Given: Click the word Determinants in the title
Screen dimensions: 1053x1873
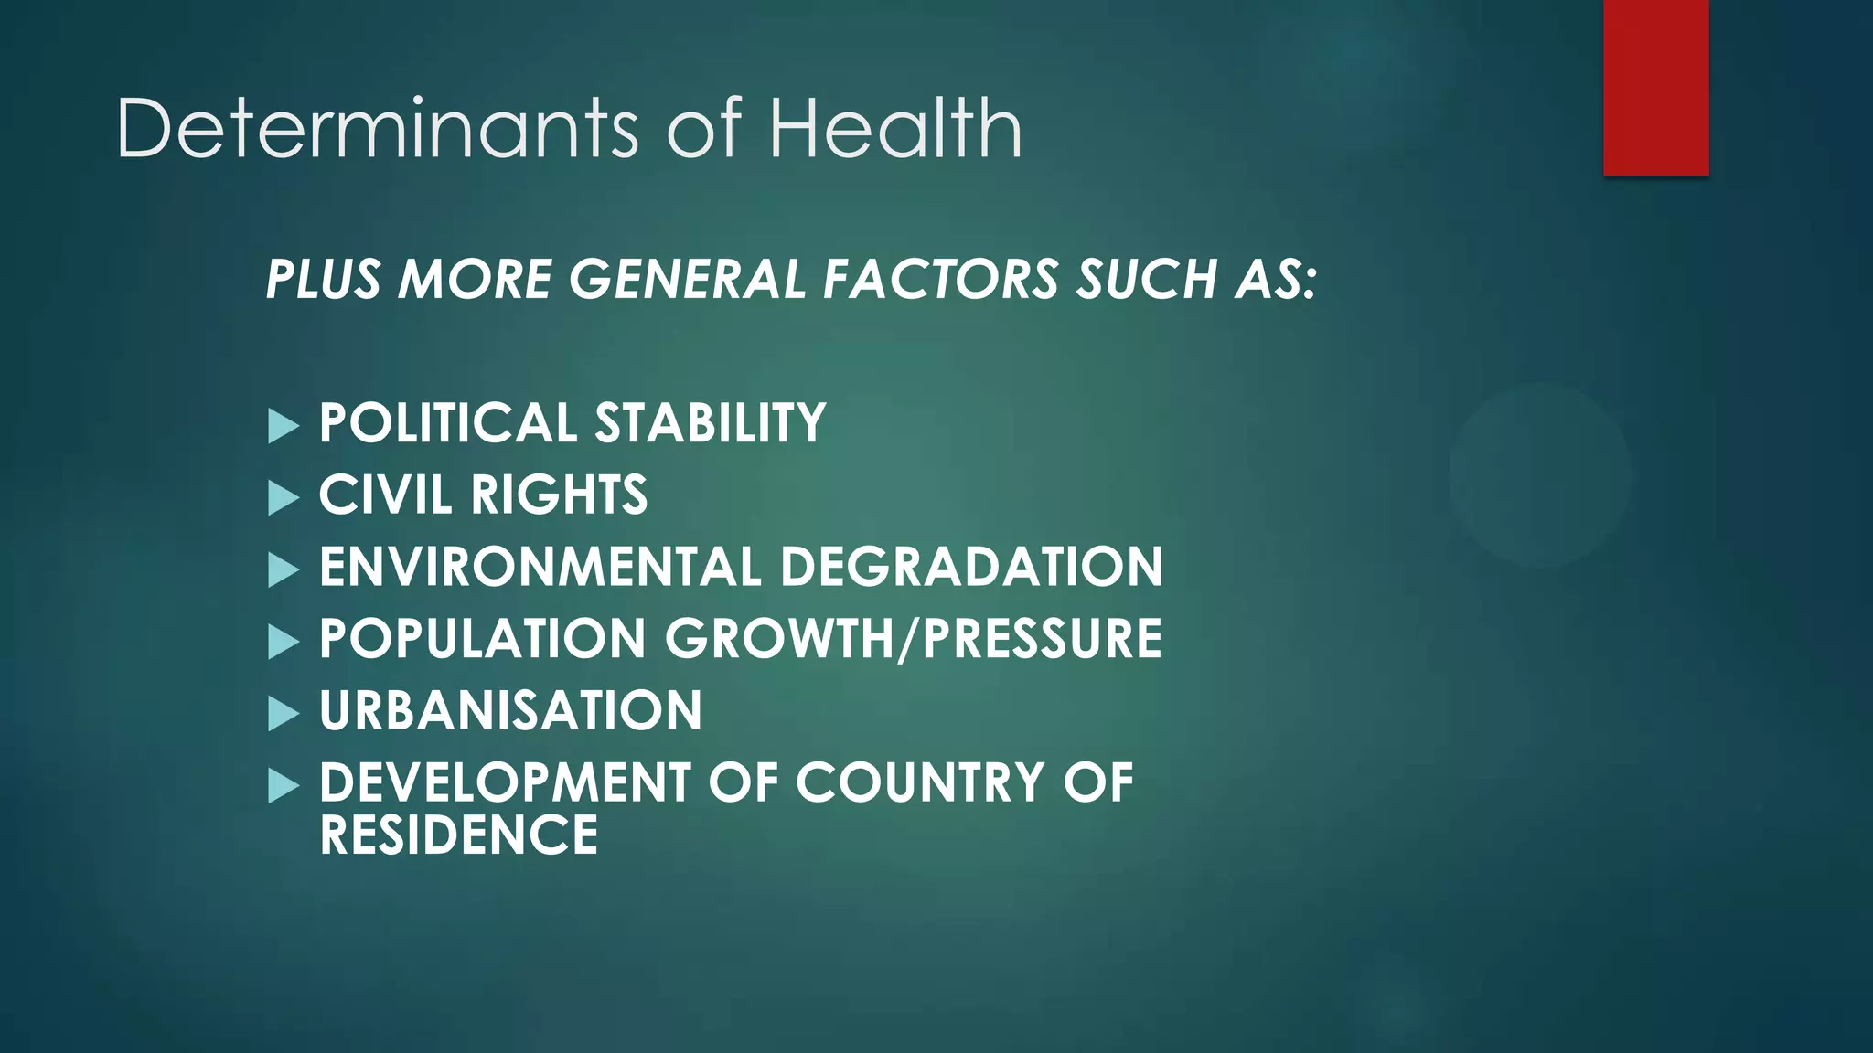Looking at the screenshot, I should coord(377,129).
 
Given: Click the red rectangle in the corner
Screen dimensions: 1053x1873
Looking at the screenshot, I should coord(1655,88).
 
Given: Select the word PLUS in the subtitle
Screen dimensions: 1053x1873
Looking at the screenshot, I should coord(323,279).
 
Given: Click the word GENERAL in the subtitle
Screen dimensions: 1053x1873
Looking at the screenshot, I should coord(687,279).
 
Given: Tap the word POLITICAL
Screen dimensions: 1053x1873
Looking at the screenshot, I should coord(447,423).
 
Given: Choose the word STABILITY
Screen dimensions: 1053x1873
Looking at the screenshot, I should coord(711,423).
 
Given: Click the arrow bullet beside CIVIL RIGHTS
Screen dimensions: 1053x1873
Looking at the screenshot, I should coord(284,498).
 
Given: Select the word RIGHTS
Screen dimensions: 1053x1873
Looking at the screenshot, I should coord(559,495).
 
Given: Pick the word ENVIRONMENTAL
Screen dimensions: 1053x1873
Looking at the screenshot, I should coord(540,567).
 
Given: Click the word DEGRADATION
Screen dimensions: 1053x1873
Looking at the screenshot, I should coord(971,567).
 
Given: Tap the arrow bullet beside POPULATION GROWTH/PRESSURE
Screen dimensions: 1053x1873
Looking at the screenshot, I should coord(284,642).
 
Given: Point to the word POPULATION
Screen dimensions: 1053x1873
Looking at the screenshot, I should coord(482,639).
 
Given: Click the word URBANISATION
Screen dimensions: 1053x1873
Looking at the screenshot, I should coord(510,710).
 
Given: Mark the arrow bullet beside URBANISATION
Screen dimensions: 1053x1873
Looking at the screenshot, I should coord(284,714).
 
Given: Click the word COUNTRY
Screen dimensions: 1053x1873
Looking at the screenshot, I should coord(919,782).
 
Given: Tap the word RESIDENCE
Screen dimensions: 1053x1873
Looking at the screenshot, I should coord(458,835).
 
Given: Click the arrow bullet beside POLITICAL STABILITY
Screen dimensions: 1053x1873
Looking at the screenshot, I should coord(284,426).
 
